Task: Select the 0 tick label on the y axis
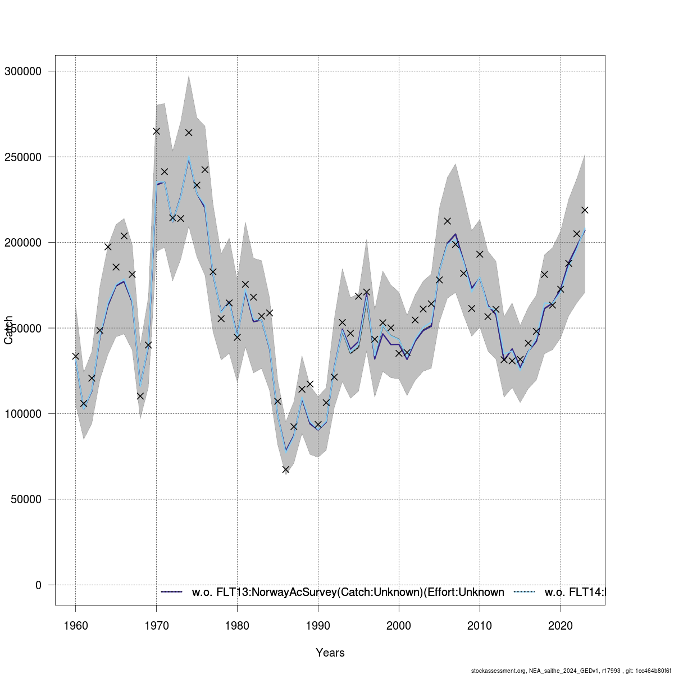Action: [x=38, y=585]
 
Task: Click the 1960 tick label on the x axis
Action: [x=75, y=626]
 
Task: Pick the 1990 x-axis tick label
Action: [x=318, y=626]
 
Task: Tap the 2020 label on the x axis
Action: [x=561, y=626]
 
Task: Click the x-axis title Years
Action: [x=330, y=653]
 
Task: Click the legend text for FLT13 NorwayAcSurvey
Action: [x=348, y=592]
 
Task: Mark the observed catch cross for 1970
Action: [x=156, y=131]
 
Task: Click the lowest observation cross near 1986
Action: [x=285, y=470]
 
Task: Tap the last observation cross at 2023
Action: [x=585, y=210]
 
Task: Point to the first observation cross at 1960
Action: [x=75, y=356]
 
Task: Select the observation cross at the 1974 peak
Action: [x=189, y=133]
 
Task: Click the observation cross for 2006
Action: [x=447, y=221]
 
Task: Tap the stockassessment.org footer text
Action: [x=570, y=671]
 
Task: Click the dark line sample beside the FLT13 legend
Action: [x=172, y=592]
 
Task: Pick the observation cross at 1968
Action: [x=140, y=396]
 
